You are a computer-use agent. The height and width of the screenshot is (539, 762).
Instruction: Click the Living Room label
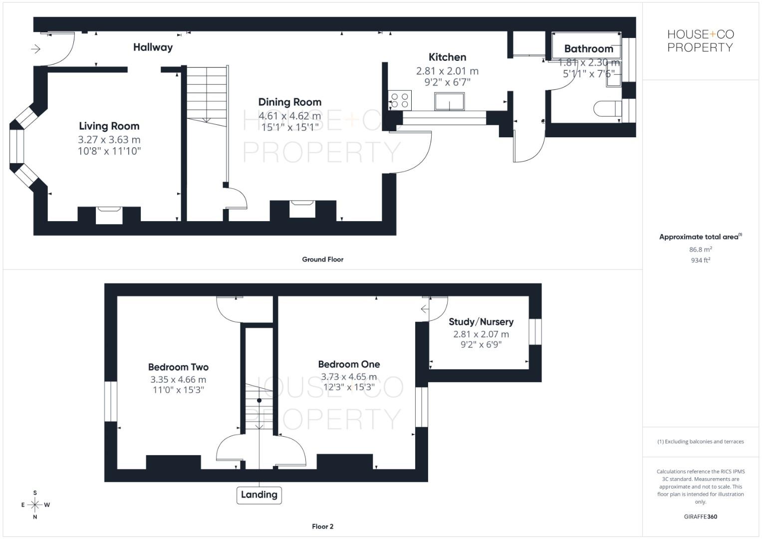(109, 126)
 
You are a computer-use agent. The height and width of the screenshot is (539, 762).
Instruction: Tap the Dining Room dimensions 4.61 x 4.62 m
(289, 116)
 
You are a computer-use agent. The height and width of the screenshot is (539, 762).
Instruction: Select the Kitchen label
(447, 57)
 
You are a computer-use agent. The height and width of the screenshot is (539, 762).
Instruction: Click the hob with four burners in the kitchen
(400, 100)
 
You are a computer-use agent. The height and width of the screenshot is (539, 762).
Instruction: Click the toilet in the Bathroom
(606, 108)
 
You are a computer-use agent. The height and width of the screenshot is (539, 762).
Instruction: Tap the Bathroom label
(588, 49)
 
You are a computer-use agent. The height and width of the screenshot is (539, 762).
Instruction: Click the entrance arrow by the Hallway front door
(35, 49)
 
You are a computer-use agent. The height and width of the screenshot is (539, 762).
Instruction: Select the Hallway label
(153, 47)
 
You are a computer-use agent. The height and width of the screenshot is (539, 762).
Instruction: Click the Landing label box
(259, 495)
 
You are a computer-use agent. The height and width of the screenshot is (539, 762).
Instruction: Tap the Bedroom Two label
(178, 367)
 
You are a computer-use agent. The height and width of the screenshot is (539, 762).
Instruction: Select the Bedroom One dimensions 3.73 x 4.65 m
(349, 377)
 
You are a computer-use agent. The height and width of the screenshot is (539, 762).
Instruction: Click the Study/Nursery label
(481, 322)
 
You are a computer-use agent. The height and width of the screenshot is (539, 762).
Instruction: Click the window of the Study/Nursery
(534, 331)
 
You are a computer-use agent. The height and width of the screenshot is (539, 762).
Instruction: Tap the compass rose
(35, 505)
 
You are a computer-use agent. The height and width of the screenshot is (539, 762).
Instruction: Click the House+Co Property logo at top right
(700, 41)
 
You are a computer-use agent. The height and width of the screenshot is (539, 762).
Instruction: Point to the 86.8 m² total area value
(700, 250)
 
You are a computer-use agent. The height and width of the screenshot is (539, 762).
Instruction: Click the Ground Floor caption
(322, 260)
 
